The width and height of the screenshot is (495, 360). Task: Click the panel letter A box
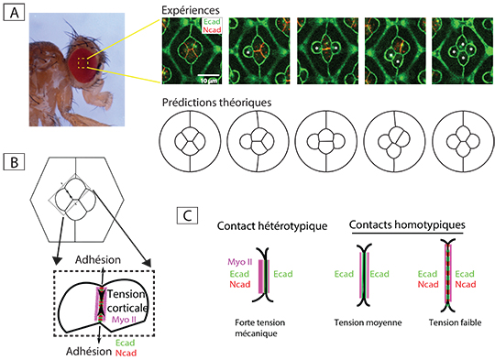coord(14,13)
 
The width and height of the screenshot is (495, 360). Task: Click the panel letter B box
coord(14,162)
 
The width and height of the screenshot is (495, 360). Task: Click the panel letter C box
coord(188,216)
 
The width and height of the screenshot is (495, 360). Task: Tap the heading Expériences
coord(191,10)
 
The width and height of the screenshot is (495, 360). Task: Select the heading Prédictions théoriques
coord(216,103)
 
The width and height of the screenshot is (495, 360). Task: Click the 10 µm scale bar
coord(208,75)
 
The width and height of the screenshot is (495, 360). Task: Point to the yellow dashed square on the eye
coord(83,63)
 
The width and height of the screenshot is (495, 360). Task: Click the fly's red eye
coord(83,65)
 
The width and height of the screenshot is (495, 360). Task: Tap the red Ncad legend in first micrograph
coord(212,30)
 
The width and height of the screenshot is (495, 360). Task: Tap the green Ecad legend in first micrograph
coord(212,22)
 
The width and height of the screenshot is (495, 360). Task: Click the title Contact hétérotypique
coord(272,226)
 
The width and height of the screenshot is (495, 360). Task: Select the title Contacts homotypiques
coord(407,224)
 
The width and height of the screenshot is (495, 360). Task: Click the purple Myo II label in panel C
coord(240,262)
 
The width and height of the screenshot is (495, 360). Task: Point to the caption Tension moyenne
coord(368,322)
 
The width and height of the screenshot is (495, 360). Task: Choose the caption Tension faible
coord(455,322)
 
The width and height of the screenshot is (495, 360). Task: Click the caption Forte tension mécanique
coord(259,328)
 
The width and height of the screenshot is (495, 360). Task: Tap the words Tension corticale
coord(127,300)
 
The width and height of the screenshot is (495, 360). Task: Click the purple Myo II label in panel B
coord(124,320)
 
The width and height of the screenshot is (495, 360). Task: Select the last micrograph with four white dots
coord(462,51)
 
